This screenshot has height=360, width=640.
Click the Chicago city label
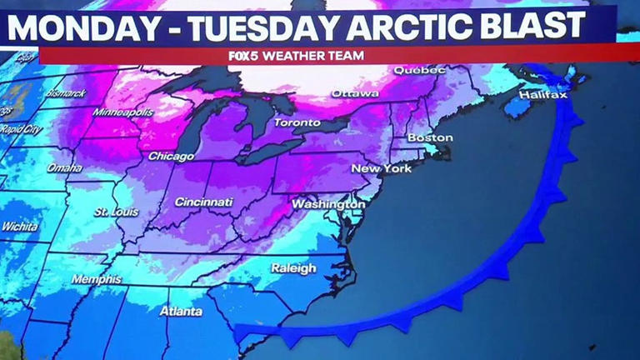(172, 157)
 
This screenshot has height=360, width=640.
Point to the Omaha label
(65, 167)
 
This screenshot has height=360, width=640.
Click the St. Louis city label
(115, 212)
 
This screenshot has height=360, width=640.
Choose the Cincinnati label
(203, 202)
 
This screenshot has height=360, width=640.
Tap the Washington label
(328, 204)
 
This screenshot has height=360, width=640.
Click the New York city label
(358, 168)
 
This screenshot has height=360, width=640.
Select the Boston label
(430, 137)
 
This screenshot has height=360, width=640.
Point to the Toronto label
(297, 122)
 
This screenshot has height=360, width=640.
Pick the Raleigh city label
(293, 268)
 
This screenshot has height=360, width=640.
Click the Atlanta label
(181, 312)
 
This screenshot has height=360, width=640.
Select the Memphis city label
(96, 279)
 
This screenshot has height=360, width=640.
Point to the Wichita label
(19, 227)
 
